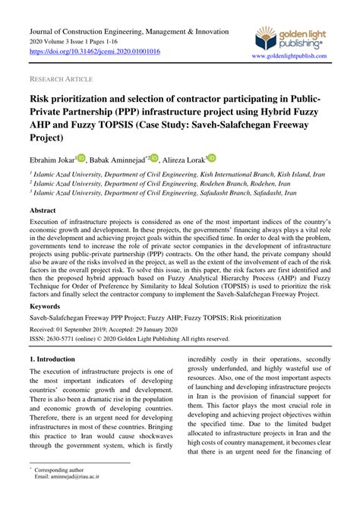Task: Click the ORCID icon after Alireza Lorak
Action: point(212,157)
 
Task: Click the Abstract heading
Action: point(48,209)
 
